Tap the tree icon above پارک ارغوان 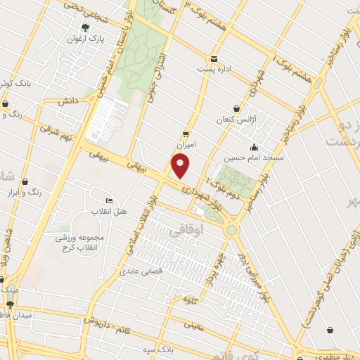(x=85, y=28)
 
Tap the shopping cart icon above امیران (x=186, y=133)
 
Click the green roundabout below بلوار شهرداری (x=231, y=230)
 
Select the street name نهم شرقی (x=56, y=132)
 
